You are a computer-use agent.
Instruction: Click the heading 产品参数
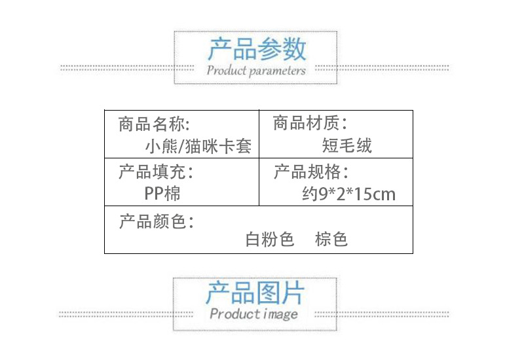[257, 50]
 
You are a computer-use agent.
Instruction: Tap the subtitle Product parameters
[256, 70]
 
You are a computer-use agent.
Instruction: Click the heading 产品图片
[255, 293]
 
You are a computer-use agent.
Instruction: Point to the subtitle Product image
[253, 314]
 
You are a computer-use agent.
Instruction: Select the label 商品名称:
[155, 124]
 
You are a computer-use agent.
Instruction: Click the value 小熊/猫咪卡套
[198, 145]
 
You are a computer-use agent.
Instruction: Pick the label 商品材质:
[310, 122]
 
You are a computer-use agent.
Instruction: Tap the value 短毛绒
[347, 145]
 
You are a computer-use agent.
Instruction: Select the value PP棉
[162, 194]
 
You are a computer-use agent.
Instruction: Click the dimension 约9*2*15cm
[349, 194]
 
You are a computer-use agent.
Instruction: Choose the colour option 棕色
[331, 240]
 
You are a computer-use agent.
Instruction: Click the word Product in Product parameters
[227, 70]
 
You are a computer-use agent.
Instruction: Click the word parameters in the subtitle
[277, 71]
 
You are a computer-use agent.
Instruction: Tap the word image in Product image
[280, 315]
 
